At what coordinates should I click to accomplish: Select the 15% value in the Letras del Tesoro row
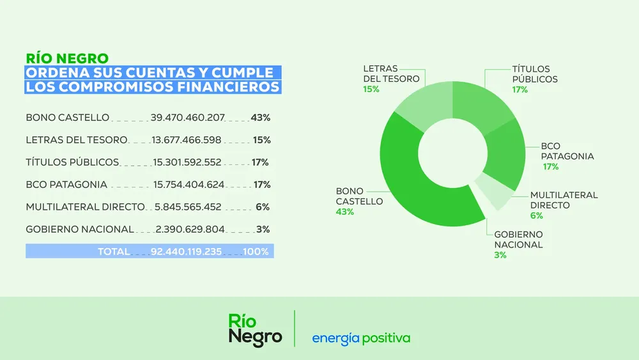click(262, 140)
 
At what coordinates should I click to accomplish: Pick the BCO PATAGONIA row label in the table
click(66, 185)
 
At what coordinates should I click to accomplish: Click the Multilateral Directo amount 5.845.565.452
click(188, 207)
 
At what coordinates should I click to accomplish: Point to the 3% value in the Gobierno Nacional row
click(263, 230)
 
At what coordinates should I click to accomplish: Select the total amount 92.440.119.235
click(187, 252)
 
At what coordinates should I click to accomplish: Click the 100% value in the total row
click(256, 252)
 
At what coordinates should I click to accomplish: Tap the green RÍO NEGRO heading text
click(66, 58)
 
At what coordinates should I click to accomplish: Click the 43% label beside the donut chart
click(344, 212)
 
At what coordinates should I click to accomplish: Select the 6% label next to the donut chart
click(536, 215)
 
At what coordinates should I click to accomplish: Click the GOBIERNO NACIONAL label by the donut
click(518, 240)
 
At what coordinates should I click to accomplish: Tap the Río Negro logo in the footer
click(255, 330)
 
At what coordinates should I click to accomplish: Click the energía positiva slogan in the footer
click(361, 338)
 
